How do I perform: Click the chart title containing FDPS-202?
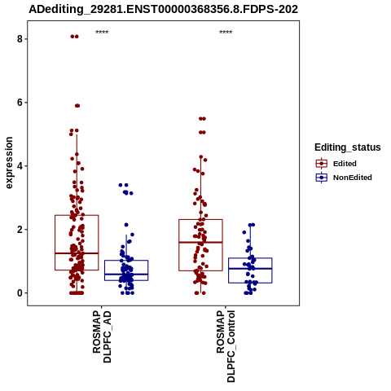tap(163, 10)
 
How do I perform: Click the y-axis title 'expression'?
tap(9, 163)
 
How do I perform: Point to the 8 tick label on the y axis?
tap(20, 39)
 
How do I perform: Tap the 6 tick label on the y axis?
tap(20, 103)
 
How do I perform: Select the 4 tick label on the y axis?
tap(20, 166)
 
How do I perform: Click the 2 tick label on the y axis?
tap(20, 230)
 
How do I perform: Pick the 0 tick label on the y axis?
tap(20, 293)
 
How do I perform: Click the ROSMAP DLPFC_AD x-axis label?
tap(102, 336)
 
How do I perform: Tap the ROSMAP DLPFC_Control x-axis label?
tap(226, 346)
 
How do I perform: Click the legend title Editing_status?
tap(348, 147)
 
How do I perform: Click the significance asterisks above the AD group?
tap(102, 32)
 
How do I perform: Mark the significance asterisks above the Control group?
tap(226, 32)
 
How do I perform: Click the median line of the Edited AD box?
tap(77, 253)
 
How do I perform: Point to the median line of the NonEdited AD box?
tap(126, 275)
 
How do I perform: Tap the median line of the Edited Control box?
tap(200, 242)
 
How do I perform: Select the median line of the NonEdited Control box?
tap(250, 268)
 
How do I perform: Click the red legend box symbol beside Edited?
tap(322, 164)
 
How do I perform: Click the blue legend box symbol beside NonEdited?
tap(322, 178)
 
